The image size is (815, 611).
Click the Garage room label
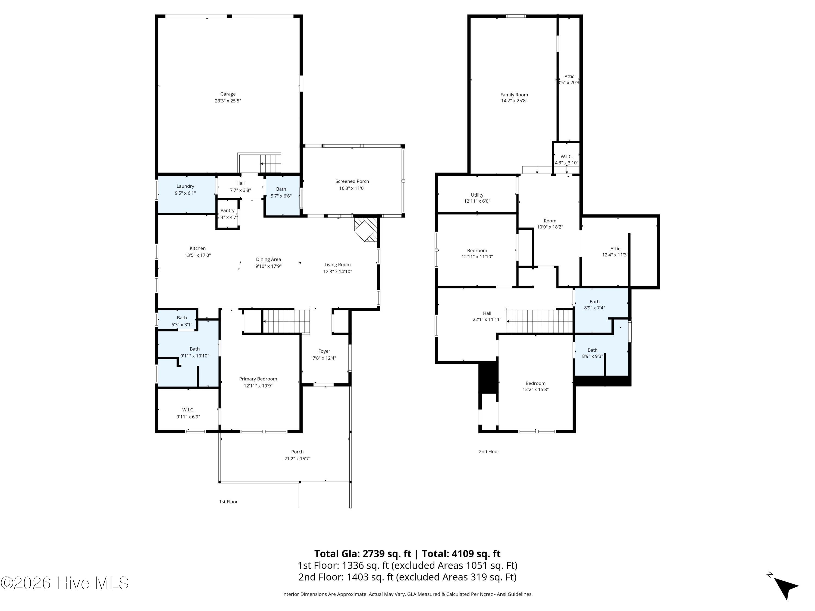(x=228, y=94)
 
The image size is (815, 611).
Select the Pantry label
(x=227, y=210)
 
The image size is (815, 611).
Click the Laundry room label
(x=185, y=186)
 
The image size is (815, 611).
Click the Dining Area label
(x=268, y=259)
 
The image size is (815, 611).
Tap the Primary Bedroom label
(x=258, y=379)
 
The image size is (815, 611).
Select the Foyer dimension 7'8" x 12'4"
(x=324, y=358)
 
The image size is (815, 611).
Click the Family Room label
(x=514, y=95)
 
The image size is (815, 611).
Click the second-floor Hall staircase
(x=540, y=321)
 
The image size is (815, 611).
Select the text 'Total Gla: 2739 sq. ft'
(x=363, y=553)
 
